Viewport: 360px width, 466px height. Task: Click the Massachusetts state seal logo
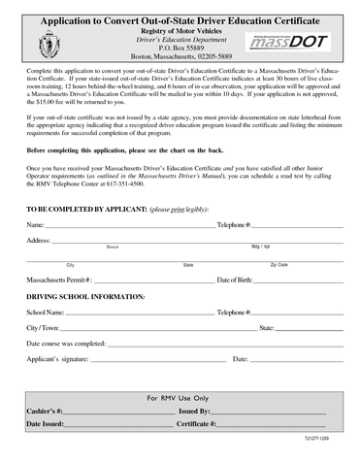[x=47, y=44]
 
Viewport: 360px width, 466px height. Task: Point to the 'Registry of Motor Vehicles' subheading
[x=180, y=28]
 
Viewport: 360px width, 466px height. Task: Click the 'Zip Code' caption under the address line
[x=278, y=264]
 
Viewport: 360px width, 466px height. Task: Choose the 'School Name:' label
[x=47, y=314]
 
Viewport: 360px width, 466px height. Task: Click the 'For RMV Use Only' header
[x=179, y=398]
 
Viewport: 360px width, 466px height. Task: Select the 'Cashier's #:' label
[x=46, y=412]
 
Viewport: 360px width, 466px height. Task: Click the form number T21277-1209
[x=325, y=440]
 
